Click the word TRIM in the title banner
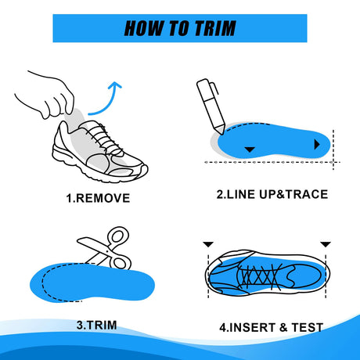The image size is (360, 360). [x=215, y=28]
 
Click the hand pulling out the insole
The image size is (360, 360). [x=45, y=95]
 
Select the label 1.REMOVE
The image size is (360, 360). [x=98, y=198]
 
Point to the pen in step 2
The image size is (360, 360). [x=211, y=106]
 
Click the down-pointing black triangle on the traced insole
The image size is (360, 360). [x=250, y=149]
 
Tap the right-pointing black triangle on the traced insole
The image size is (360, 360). [x=317, y=144]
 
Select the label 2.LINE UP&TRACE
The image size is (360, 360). [x=272, y=195]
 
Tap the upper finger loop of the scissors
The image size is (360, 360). [x=119, y=236]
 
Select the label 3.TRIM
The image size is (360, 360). [x=97, y=326]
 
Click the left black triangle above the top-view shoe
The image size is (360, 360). [x=208, y=244]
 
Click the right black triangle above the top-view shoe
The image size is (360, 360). [x=326, y=244]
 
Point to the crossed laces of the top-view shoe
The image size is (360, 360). [x=261, y=276]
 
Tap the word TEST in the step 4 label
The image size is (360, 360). [x=308, y=327]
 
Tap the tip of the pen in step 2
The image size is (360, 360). [x=222, y=135]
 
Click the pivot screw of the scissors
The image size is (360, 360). [x=107, y=251]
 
